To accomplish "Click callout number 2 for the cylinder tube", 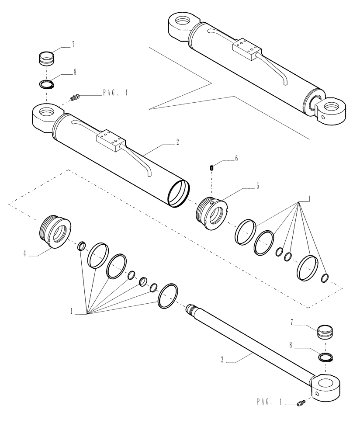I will click(177, 142).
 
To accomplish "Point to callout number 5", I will click(257, 186).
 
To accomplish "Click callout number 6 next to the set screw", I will click(236, 159).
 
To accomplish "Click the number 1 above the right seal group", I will click(309, 199).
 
